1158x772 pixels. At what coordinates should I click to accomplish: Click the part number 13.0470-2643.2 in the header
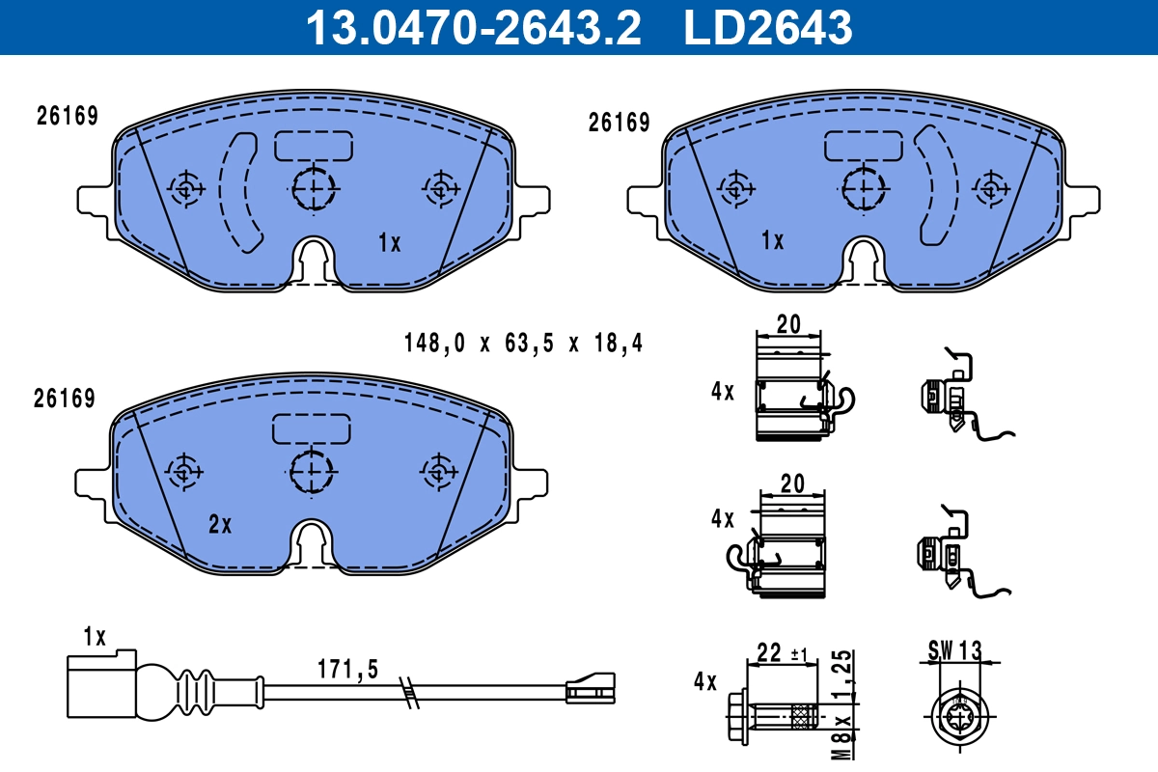[473, 27]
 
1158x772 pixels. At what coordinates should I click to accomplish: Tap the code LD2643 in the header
[768, 27]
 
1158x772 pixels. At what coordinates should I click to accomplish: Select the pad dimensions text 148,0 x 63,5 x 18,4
[522, 343]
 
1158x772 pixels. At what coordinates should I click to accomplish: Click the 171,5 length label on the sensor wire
[347, 669]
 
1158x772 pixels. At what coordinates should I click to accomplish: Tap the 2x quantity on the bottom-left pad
[220, 524]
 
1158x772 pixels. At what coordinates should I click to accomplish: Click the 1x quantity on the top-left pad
[389, 243]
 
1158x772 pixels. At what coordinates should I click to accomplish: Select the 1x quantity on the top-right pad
[772, 240]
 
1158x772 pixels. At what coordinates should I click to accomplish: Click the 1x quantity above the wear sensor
[94, 636]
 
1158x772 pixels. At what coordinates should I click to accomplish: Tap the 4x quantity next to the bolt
[705, 683]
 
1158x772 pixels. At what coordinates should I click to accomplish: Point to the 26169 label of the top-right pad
[619, 123]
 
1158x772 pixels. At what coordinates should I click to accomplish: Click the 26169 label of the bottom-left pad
[65, 398]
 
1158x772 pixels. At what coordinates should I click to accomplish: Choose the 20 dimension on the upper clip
[788, 324]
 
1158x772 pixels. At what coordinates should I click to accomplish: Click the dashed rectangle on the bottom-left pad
[311, 428]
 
